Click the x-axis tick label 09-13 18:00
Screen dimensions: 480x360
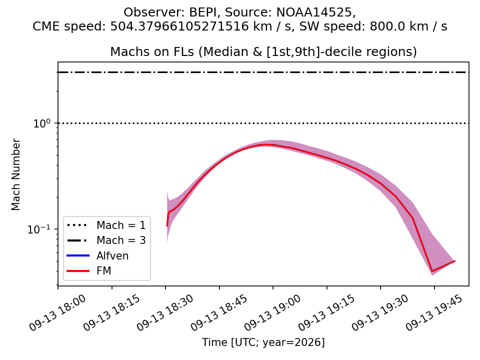pos(57,312)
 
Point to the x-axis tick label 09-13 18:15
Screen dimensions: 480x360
pos(111,312)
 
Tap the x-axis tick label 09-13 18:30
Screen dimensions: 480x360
pos(165,312)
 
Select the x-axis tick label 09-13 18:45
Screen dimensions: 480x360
pos(219,312)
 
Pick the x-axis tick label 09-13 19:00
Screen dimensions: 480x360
pos(273,312)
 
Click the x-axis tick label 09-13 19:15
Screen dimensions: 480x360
pos(326,312)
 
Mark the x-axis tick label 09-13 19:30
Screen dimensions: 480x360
pos(380,312)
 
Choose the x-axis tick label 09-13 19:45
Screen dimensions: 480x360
pos(434,312)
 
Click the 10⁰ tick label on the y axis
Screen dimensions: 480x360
pos(41,123)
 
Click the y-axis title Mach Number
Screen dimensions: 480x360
pos(15,174)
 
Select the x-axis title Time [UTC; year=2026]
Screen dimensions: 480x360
pos(263,342)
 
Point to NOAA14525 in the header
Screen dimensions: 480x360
pos(314,12)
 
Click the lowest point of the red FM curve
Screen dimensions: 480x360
pos(432,271)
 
